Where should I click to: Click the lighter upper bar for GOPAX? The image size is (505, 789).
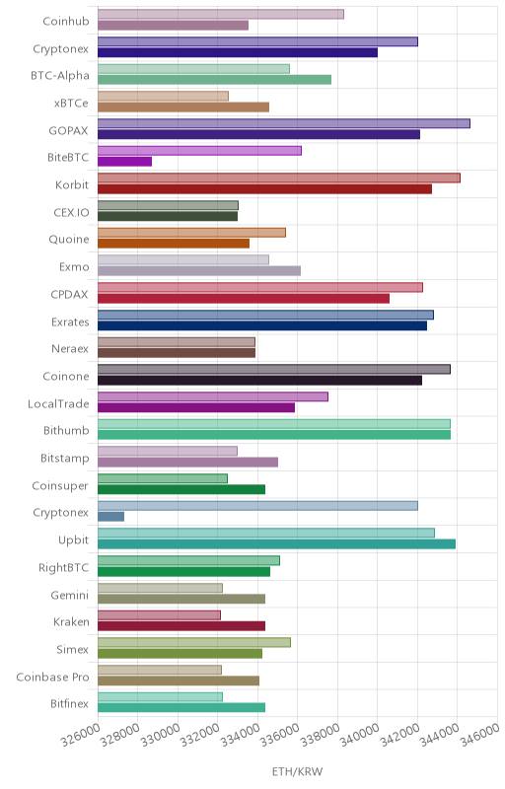point(284,124)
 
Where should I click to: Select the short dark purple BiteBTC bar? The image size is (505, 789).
point(124,162)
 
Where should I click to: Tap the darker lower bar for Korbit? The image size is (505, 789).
point(264,189)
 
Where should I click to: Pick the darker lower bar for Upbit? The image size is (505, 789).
point(276,544)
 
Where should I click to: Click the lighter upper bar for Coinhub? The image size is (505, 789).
point(221,14)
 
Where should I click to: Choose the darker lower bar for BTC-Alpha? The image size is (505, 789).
point(214,80)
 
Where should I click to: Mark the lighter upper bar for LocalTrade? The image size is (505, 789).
point(213,396)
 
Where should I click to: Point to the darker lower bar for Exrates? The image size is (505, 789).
point(262,325)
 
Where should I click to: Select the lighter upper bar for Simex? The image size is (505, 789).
point(194,643)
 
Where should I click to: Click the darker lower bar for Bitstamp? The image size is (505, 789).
point(187,462)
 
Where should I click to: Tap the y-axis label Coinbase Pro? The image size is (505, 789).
point(52,677)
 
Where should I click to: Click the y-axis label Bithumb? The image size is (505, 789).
point(66,431)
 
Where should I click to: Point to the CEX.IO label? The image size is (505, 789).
point(71,212)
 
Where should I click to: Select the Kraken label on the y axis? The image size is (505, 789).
point(71,622)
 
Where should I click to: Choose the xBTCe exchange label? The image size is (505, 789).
point(71,104)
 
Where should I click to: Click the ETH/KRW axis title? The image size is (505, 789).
point(297,771)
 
